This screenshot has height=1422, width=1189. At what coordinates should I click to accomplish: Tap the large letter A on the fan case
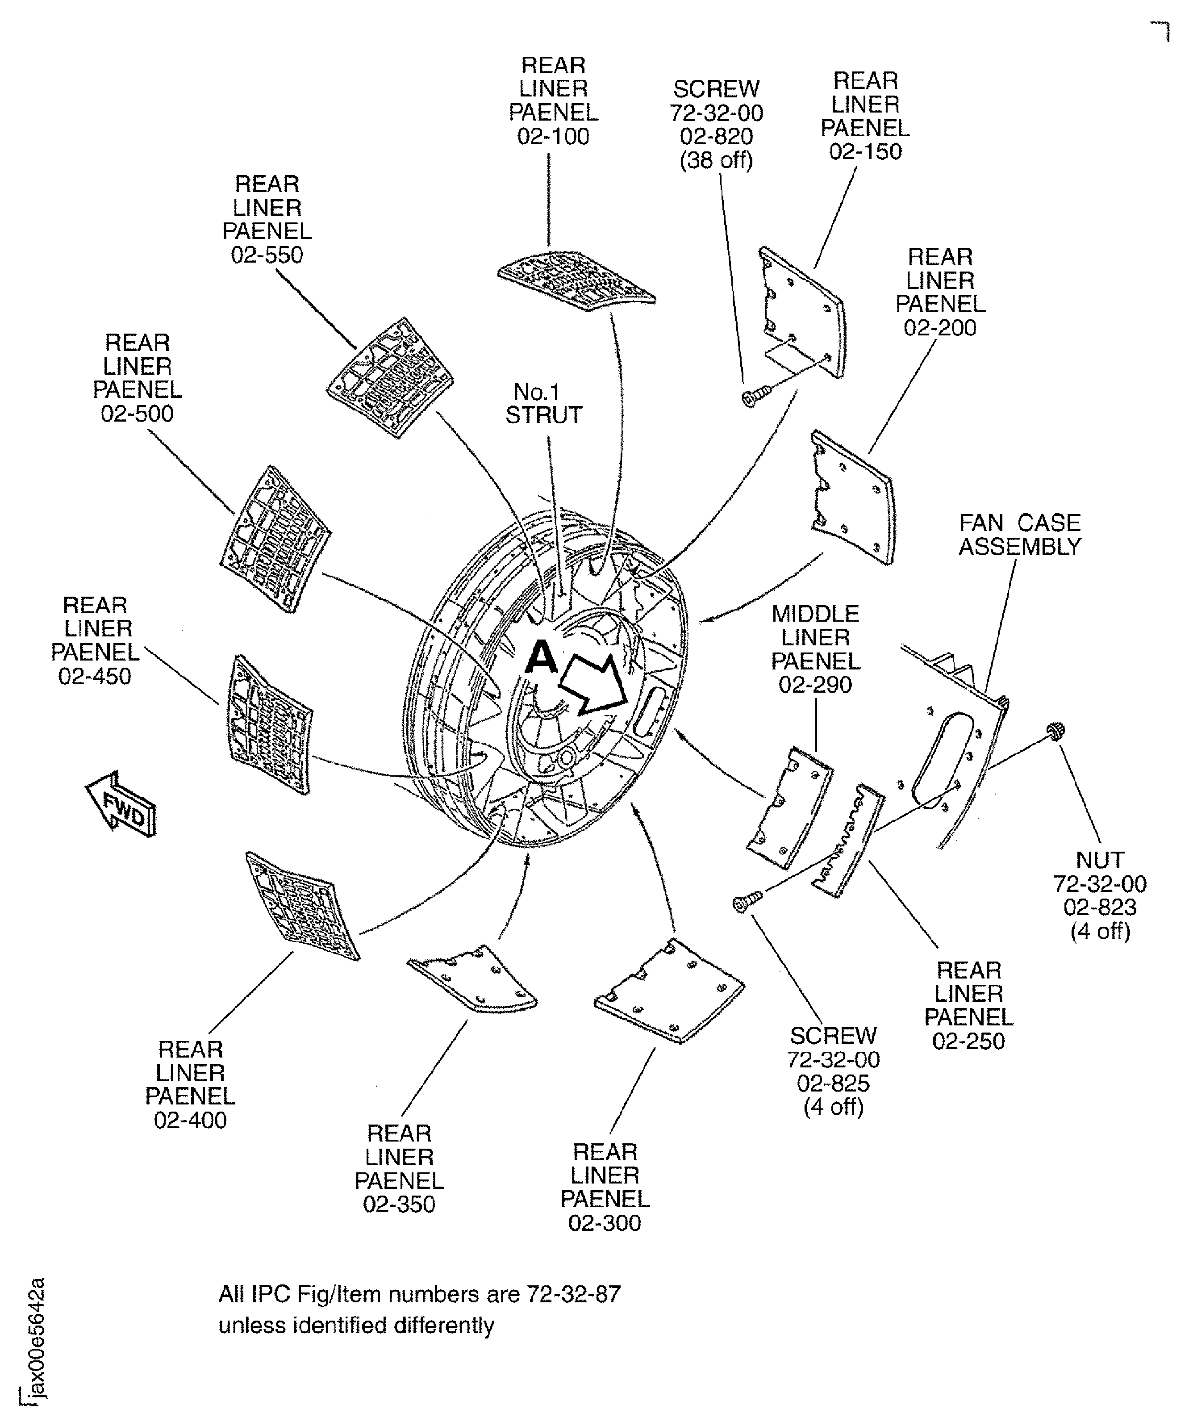[x=541, y=657]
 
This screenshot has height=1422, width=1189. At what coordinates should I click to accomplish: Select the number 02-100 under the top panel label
[x=553, y=137]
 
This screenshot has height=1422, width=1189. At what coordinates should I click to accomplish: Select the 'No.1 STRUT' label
[x=544, y=404]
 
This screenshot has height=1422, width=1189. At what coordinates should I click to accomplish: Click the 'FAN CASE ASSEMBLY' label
[x=1020, y=535]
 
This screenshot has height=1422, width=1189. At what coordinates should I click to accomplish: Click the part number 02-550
[x=267, y=255]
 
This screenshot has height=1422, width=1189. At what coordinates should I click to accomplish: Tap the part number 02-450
[x=95, y=677]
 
